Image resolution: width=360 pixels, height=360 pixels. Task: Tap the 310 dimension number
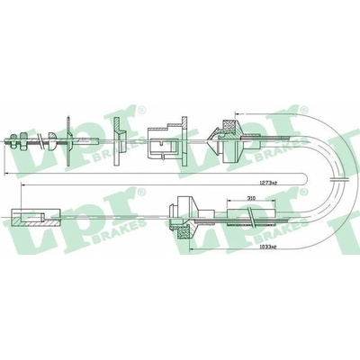(250, 198)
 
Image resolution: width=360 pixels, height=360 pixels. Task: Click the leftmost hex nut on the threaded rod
(13, 141)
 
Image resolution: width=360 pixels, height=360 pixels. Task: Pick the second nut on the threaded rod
(23, 141)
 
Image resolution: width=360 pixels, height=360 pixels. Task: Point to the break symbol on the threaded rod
(40, 141)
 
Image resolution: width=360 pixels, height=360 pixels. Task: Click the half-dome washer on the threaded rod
(51, 140)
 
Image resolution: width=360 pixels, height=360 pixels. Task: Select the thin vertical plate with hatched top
(68, 140)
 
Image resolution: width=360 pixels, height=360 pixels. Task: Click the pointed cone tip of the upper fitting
(208, 139)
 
